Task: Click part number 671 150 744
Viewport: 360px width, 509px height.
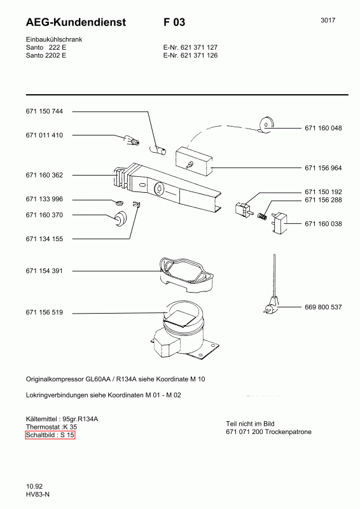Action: pyautogui.click(x=44, y=111)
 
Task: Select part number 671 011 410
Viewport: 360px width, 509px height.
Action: pyautogui.click(x=44, y=135)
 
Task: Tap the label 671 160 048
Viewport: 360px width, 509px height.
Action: pyautogui.click(x=323, y=129)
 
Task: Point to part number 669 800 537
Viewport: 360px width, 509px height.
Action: pyautogui.click(x=323, y=307)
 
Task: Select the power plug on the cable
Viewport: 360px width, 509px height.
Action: pyautogui.click(x=271, y=306)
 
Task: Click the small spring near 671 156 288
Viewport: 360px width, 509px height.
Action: pyautogui.click(x=261, y=215)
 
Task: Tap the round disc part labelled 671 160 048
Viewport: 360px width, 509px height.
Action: pyautogui.click(x=267, y=124)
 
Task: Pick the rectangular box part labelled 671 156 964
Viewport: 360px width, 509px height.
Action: pyautogui.click(x=194, y=161)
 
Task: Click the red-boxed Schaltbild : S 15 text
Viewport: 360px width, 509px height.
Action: pyautogui.click(x=50, y=435)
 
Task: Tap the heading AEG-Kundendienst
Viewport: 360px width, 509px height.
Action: pyautogui.click(x=76, y=22)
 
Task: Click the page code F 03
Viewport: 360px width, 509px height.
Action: pyautogui.click(x=174, y=22)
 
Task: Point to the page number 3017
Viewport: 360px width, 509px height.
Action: pyautogui.click(x=328, y=20)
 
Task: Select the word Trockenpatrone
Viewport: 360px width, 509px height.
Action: pyautogui.click(x=288, y=432)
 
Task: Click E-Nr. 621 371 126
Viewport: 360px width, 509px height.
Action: pyautogui.click(x=190, y=55)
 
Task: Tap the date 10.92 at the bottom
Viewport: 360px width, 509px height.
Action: pyautogui.click(x=34, y=486)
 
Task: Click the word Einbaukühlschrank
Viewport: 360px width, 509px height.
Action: pyautogui.click(x=54, y=39)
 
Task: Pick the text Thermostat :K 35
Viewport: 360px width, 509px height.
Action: pyautogui.click(x=52, y=427)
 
